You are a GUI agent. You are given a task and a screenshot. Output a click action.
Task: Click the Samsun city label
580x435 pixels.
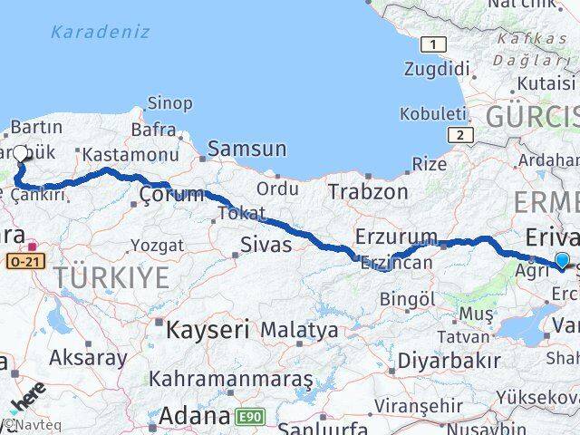point(247,149)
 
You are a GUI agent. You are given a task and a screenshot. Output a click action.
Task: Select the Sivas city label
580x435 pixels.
point(266,245)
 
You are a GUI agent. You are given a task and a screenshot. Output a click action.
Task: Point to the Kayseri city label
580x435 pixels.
point(201,329)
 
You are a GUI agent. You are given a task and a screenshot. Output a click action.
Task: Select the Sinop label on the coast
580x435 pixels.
point(169,105)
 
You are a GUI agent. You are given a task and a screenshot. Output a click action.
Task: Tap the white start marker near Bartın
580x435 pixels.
point(21,152)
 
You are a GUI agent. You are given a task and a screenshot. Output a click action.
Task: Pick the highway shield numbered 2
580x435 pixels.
point(460,135)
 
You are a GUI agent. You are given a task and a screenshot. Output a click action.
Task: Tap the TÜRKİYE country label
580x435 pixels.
point(111,278)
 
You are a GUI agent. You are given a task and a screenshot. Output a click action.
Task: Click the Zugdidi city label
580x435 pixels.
point(439,70)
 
